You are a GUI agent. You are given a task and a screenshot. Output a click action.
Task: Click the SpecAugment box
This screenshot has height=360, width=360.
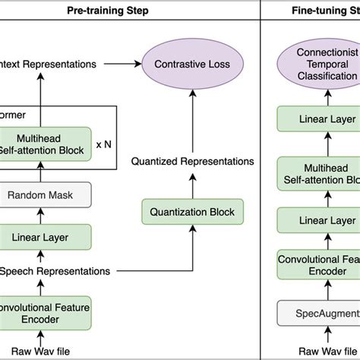click(320, 313)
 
